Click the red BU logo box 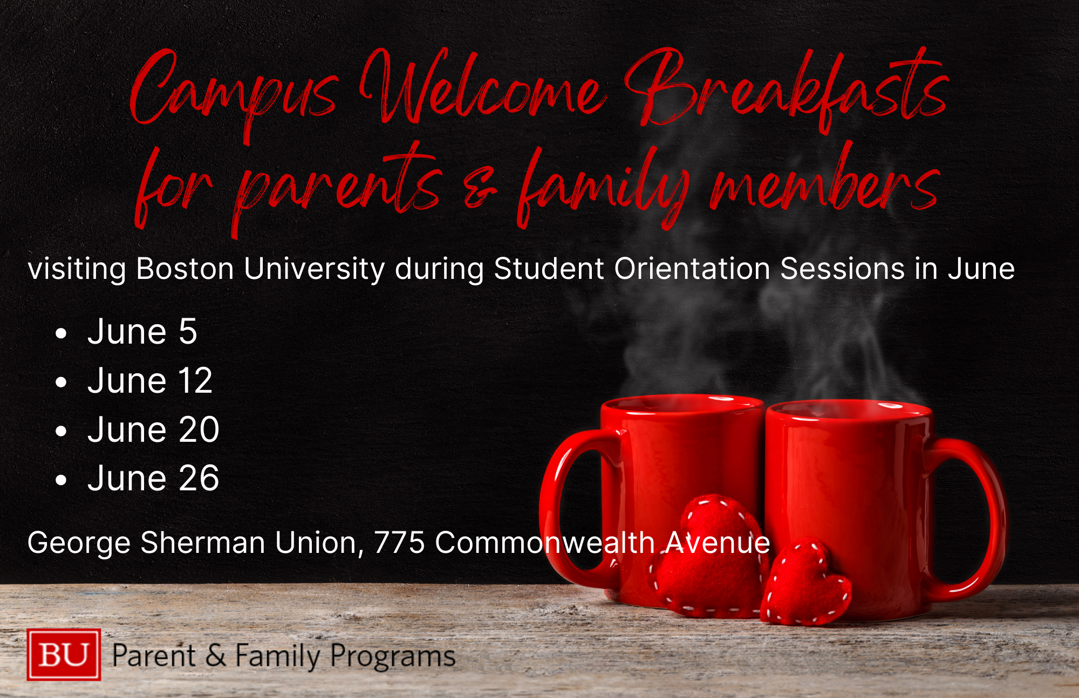tap(64, 654)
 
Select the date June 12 tap(150, 380)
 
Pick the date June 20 tap(153, 429)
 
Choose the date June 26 tap(153, 478)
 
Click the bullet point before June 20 tap(61, 432)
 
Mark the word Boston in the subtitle tap(185, 269)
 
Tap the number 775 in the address tap(399, 542)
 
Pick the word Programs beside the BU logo tap(392, 657)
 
